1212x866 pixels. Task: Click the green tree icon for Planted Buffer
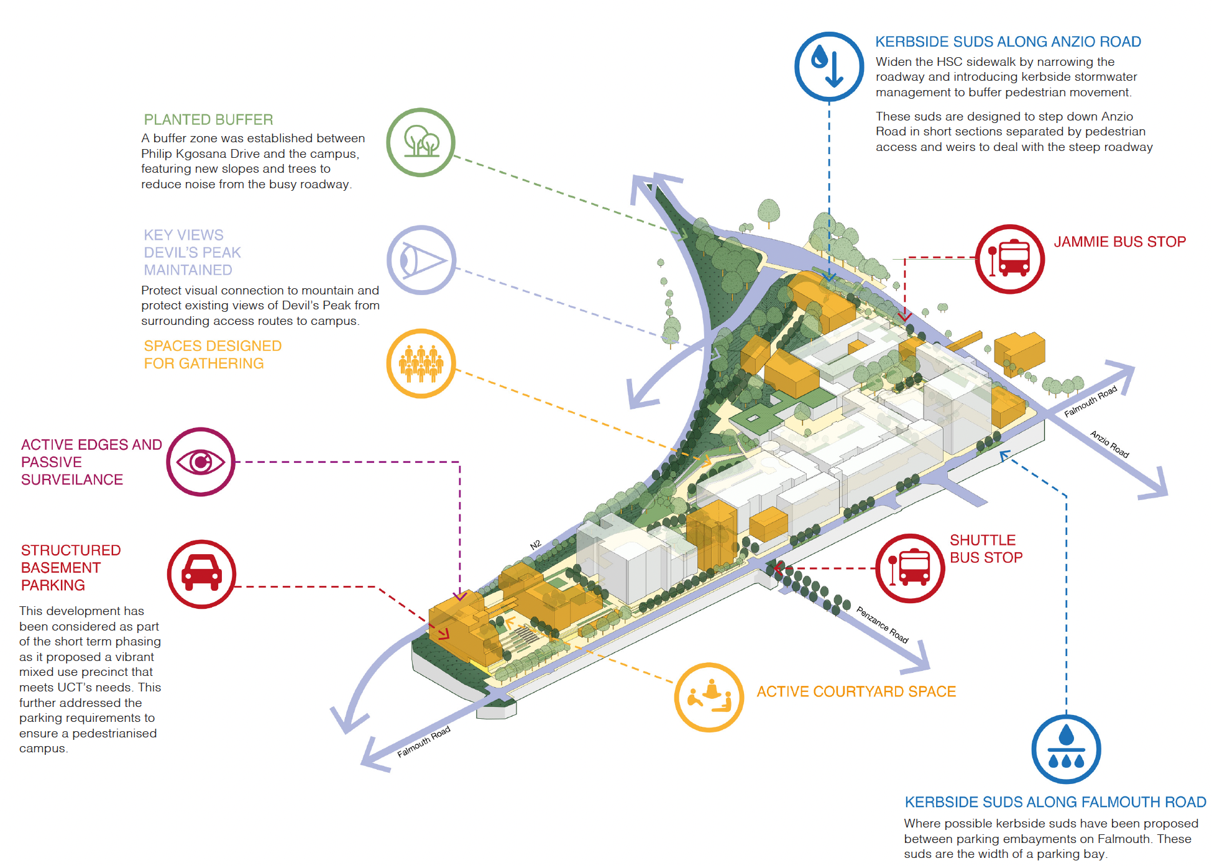point(421,142)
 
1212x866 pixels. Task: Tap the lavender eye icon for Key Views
point(421,260)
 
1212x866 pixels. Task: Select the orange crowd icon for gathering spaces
point(421,363)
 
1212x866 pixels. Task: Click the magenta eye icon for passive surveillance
point(201,462)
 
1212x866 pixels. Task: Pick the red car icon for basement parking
point(201,574)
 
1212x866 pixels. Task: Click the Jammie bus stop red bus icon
point(1009,258)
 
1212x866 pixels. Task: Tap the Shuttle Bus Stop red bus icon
point(910,568)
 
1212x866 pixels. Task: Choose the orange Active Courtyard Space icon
point(709,697)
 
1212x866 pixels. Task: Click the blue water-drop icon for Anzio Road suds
point(829,66)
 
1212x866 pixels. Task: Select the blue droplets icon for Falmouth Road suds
point(1066,749)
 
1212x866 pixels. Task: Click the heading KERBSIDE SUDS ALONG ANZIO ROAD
point(1008,42)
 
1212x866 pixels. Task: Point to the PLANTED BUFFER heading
point(208,119)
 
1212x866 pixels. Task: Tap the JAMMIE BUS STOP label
point(1119,242)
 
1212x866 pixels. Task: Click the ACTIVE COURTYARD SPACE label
point(856,691)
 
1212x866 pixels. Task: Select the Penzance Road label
point(882,624)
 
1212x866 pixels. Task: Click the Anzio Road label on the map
point(1109,444)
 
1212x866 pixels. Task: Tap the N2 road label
point(535,545)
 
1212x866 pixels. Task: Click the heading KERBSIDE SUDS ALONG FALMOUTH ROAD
point(1055,802)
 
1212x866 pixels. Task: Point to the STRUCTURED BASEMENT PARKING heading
point(71,568)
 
